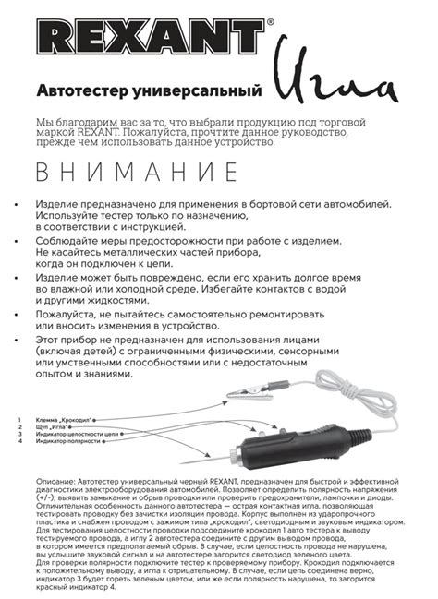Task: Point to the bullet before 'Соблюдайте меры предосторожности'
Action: [x=20, y=239]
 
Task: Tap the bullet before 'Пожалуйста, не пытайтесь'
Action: [x=20, y=314]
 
